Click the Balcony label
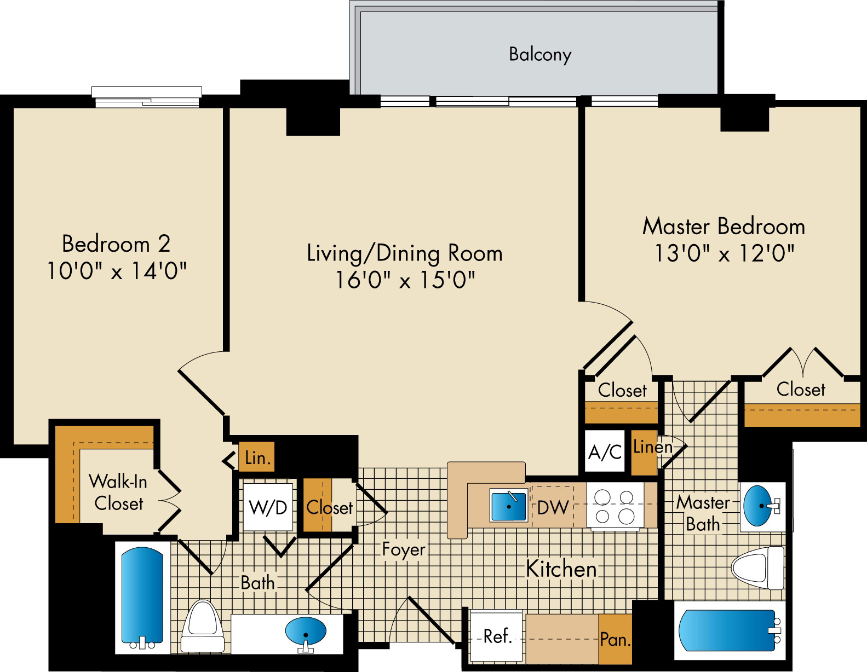pyautogui.click(x=540, y=55)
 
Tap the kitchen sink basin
pyautogui.click(x=509, y=506)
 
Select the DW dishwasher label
pyautogui.click(x=553, y=507)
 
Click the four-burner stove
pyautogui.click(x=615, y=506)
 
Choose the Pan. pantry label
pyautogui.click(x=615, y=640)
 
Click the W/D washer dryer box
pyautogui.click(x=268, y=507)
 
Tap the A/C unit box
pyautogui.click(x=605, y=451)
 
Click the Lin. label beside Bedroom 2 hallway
pyautogui.click(x=258, y=459)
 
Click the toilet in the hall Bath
pyautogui.click(x=203, y=626)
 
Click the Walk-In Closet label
pyautogui.click(x=118, y=493)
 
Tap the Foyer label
pyautogui.click(x=404, y=550)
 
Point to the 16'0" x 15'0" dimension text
pyautogui.click(x=405, y=280)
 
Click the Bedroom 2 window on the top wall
pyautogui.click(x=147, y=97)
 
